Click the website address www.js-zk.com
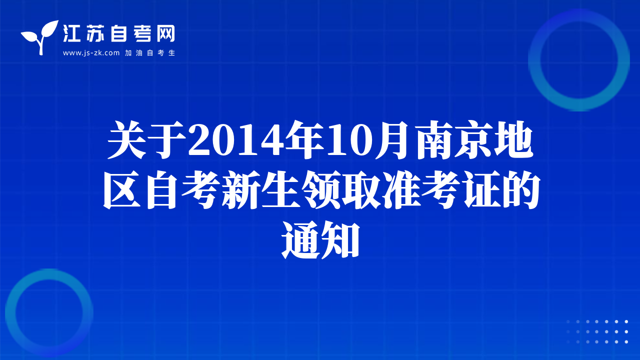pyautogui.click(x=91, y=53)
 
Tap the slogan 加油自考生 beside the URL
pyautogui.click(x=149, y=53)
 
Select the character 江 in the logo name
pyautogui.click(x=71, y=33)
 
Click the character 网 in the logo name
pyautogui.click(x=165, y=33)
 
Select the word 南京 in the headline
pyautogui.click(x=454, y=140)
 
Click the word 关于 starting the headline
pyautogui.click(x=147, y=140)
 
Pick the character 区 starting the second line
pyautogui.click(x=122, y=190)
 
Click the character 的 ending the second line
pyautogui.click(x=520, y=190)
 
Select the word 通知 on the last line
pyautogui.click(x=320, y=240)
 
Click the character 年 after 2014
pyautogui.click(x=305, y=140)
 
